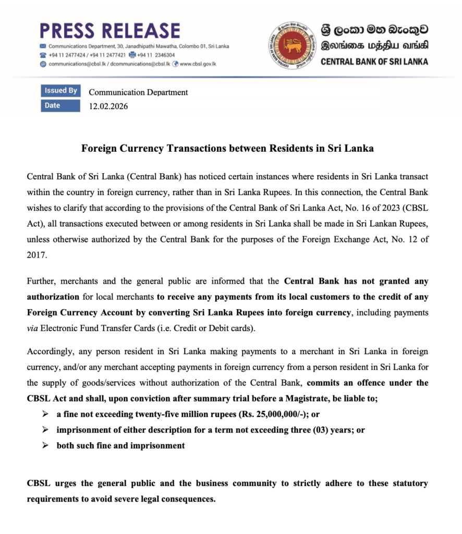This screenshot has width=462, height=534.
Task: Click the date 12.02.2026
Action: [x=108, y=106]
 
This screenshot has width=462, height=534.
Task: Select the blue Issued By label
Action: [x=60, y=91]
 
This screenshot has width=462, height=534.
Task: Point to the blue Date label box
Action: [x=60, y=106]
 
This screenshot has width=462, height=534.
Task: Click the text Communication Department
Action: [x=138, y=92]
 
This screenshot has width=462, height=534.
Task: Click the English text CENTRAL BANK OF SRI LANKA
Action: [x=374, y=62]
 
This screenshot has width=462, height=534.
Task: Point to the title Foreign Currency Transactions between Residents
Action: [x=227, y=148]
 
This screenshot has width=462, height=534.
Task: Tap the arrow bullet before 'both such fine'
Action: [x=46, y=446]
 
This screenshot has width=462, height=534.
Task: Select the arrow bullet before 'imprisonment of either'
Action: [x=46, y=431]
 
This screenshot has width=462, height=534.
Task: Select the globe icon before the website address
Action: [x=176, y=64]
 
